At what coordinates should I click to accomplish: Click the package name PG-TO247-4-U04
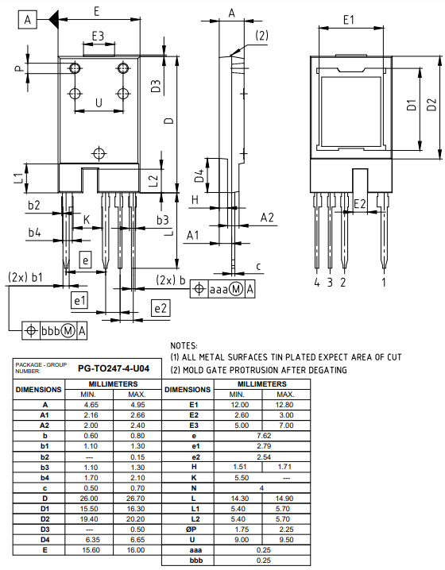[x=112, y=368]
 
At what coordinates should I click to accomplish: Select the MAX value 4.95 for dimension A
[x=136, y=404]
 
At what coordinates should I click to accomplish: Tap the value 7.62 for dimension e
[x=261, y=435]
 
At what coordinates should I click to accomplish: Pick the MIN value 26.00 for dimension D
[x=89, y=498]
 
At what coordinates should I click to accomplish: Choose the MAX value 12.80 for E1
[x=286, y=404]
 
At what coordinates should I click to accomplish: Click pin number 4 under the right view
[x=316, y=281]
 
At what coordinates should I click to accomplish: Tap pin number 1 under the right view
[x=384, y=281]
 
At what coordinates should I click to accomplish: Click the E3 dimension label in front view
[x=99, y=37]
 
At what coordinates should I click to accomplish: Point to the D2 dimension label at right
[x=432, y=105]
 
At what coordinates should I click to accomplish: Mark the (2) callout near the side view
[x=261, y=36]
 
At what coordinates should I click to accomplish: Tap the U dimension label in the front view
[x=99, y=103]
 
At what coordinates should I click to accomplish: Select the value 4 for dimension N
[x=261, y=487]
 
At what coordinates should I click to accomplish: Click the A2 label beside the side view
[x=268, y=218]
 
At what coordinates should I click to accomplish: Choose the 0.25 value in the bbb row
[x=261, y=560]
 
